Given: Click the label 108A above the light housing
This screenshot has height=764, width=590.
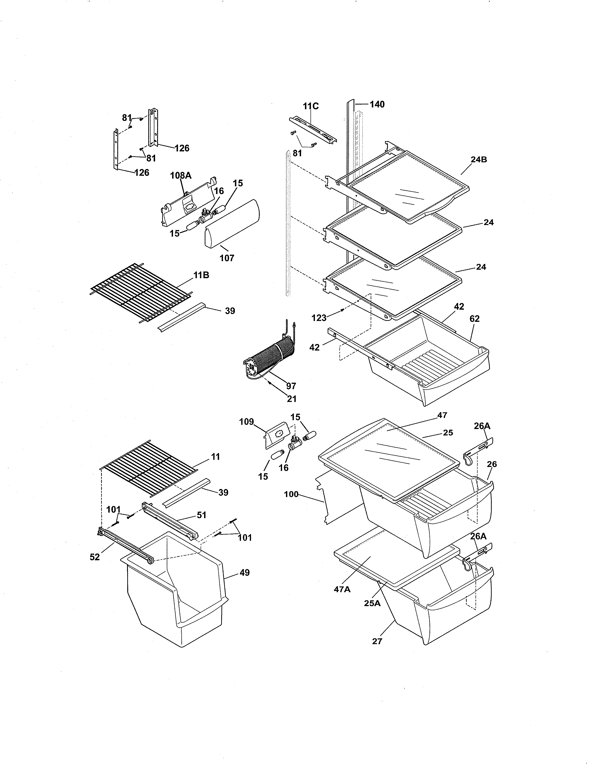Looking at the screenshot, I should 181,176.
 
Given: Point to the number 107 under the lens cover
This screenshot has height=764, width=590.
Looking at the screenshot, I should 227,258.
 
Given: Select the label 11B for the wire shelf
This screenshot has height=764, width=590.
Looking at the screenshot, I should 201,275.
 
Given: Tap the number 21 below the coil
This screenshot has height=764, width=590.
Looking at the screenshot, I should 292,399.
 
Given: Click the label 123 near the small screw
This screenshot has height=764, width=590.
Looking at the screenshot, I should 319,318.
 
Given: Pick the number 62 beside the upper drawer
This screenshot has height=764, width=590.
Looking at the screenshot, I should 474,319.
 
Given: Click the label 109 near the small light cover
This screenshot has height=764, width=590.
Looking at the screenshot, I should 246,422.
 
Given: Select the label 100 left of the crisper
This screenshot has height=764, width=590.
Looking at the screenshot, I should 291,494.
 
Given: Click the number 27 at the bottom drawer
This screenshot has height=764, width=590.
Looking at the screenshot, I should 377,641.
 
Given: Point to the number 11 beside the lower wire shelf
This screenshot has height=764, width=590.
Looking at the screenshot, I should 216,457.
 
